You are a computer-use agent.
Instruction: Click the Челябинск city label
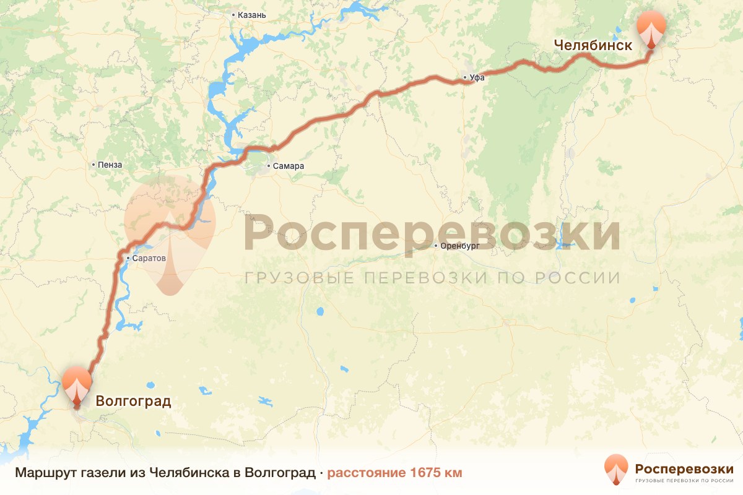[593, 45]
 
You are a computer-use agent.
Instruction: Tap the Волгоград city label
[133, 401]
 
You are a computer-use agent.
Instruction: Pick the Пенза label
[111, 165]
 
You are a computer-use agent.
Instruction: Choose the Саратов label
[149, 258]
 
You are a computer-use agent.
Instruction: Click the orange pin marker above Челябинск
[651, 28]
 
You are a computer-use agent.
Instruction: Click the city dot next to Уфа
[465, 77]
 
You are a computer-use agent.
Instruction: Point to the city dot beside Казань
[233, 14]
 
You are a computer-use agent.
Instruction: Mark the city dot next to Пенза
[93, 165]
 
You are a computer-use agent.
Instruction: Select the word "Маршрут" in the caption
[40, 473]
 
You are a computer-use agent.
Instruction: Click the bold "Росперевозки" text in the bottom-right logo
[684, 468]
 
